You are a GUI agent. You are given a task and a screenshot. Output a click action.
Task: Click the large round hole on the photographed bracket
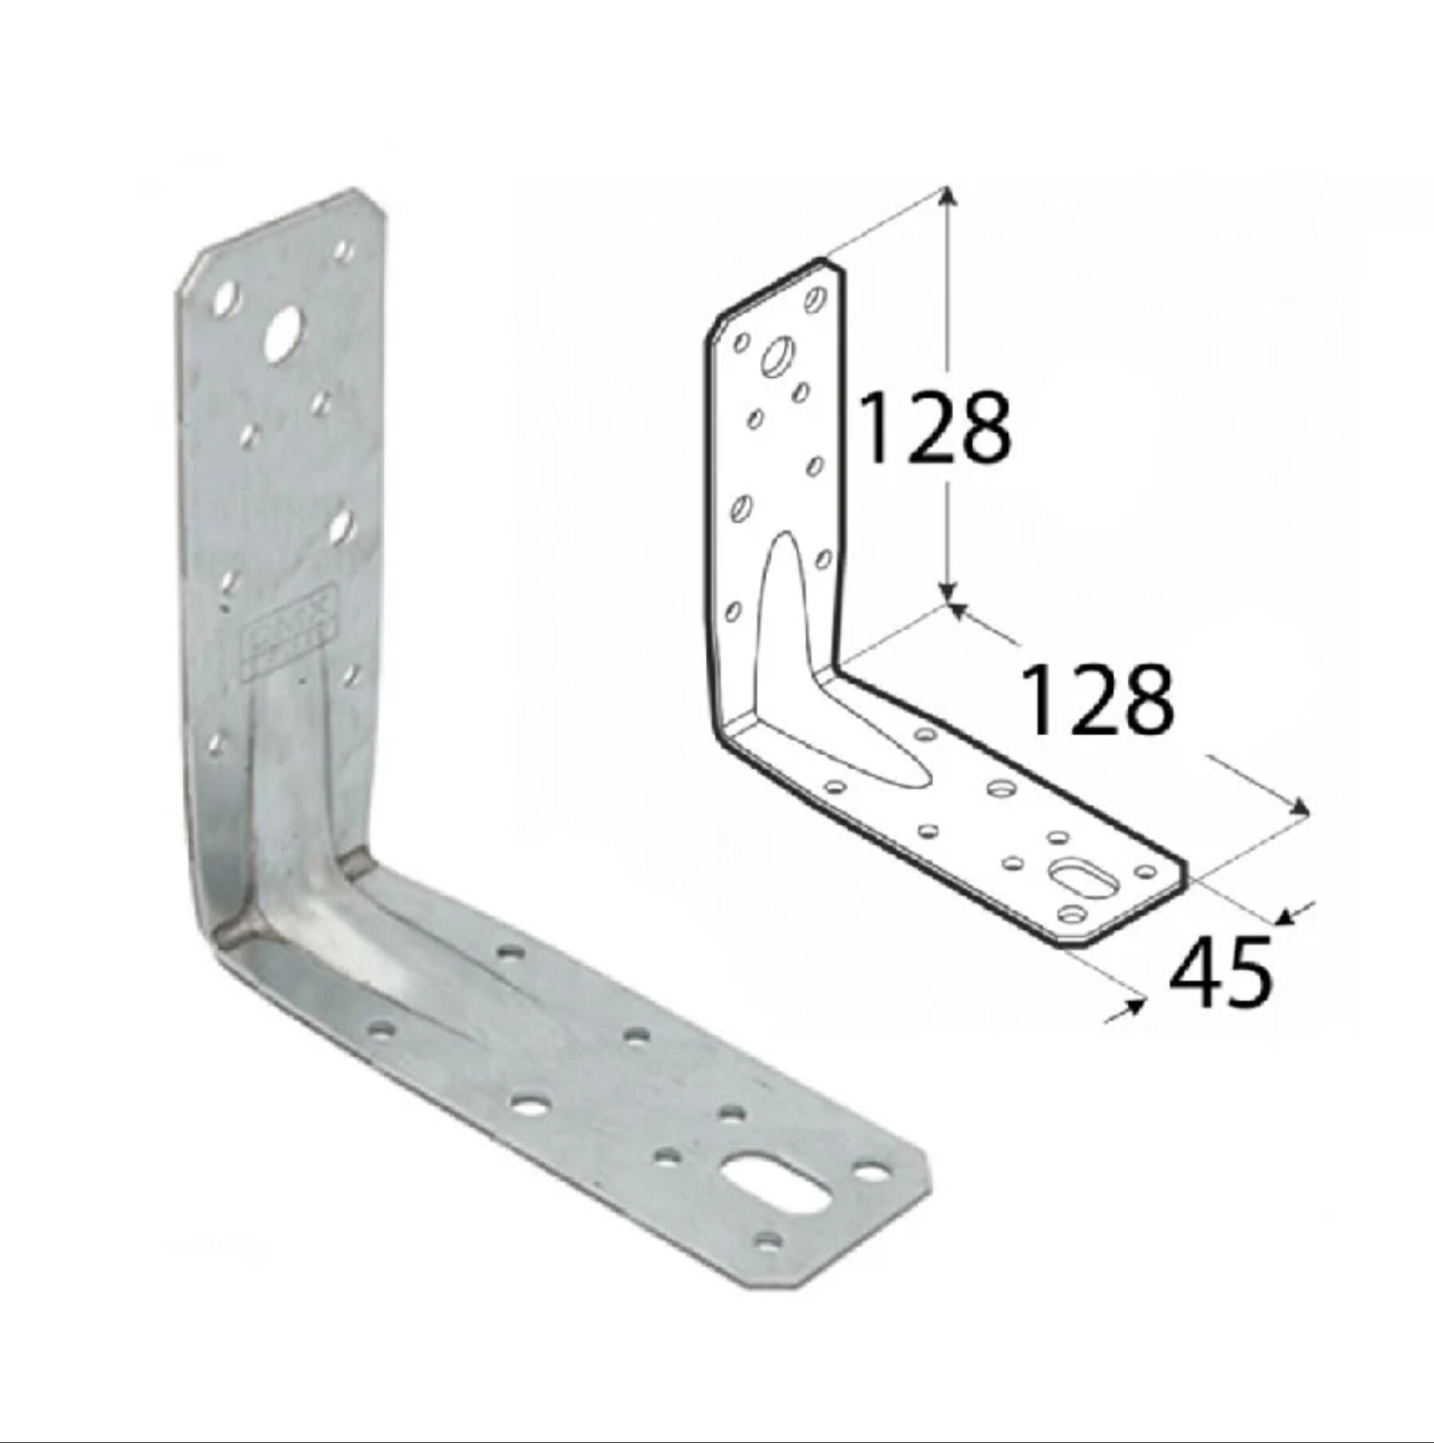click(x=284, y=329)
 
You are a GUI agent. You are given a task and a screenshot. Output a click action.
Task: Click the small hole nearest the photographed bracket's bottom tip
click(x=769, y=1262)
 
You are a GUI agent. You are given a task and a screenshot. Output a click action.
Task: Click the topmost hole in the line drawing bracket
click(x=816, y=300)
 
